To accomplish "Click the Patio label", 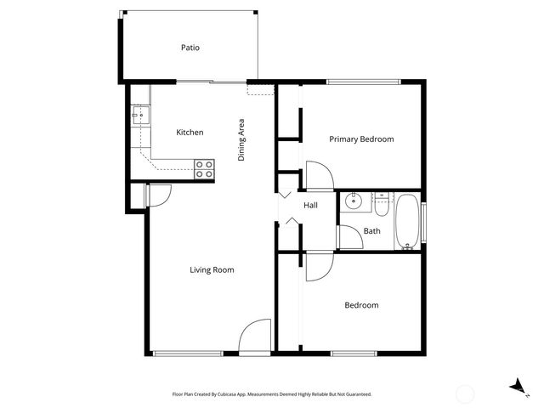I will (x=190, y=48).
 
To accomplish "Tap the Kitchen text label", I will (x=189, y=133).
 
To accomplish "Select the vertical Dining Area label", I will (x=241, y=140).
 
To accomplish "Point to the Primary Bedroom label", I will (x=361, y=139).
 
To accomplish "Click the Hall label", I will (x=310, y=205).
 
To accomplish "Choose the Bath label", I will (x=371, y=230).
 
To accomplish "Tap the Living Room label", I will (x=212, y=269).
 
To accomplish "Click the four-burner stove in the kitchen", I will (x=204, y=168).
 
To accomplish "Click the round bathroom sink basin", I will (x=354, y=203).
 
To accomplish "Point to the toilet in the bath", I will (x=382, y=204).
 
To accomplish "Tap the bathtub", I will (x=407, y=223).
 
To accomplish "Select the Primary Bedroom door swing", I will (x=320, y=175).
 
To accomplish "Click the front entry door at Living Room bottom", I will (x=254, y=337).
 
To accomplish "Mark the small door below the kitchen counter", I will (x=158, y=195).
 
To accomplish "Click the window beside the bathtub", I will (x=424, y=223).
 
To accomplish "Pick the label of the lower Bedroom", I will (x=361, y=305).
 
